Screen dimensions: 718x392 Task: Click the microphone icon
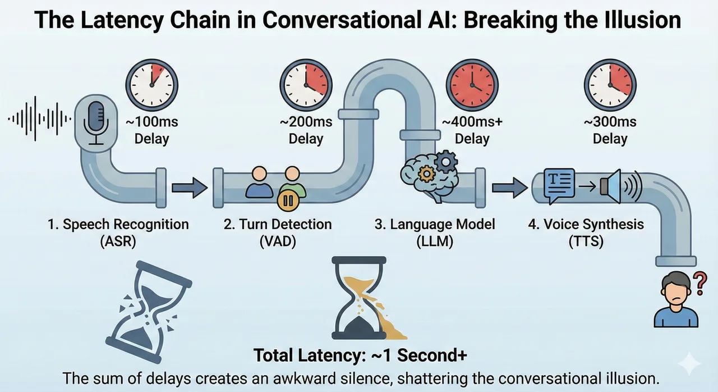96,124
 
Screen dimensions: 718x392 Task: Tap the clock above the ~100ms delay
151,85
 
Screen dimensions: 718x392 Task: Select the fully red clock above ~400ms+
472,85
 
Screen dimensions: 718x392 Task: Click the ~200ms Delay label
306,130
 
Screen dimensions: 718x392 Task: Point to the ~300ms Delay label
610,130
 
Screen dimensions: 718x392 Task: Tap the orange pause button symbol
288,201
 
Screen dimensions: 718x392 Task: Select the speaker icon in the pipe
621,186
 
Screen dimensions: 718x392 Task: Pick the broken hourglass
149,312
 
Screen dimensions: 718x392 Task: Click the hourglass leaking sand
365,298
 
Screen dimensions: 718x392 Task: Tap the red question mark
699,283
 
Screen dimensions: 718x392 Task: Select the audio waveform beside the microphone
39,119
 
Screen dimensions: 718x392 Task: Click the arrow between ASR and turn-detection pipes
190,188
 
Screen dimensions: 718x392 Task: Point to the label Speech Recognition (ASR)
118,233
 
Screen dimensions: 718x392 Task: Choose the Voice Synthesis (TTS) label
586,233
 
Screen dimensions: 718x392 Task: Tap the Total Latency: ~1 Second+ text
360,355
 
